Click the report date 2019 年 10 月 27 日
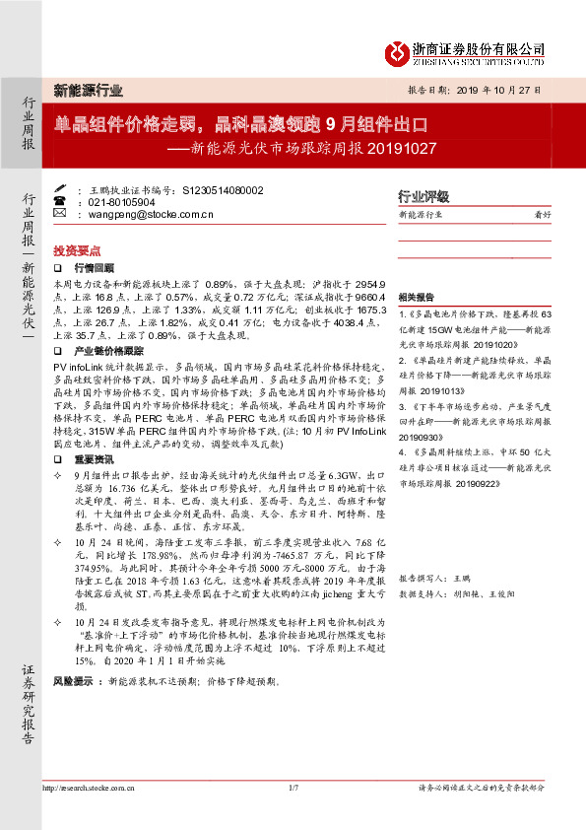(501, 89)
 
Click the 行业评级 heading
(423, 196)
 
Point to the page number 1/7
(293, 788)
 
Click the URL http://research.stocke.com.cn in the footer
(88, 788)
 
